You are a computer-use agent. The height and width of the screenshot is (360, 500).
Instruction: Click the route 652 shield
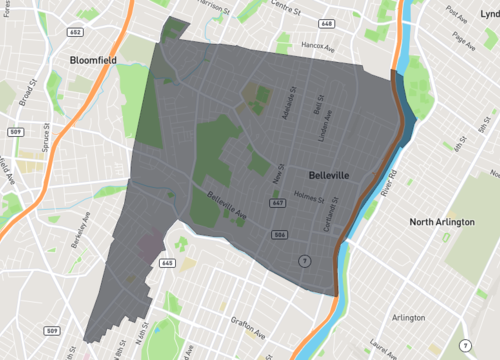tap(75, 33)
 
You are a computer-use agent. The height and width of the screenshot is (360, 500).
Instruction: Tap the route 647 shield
tap(272, 204)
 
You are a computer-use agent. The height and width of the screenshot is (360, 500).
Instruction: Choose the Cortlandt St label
tap(335, 212)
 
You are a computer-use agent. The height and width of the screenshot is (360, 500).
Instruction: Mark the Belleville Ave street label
tap(227, 207)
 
